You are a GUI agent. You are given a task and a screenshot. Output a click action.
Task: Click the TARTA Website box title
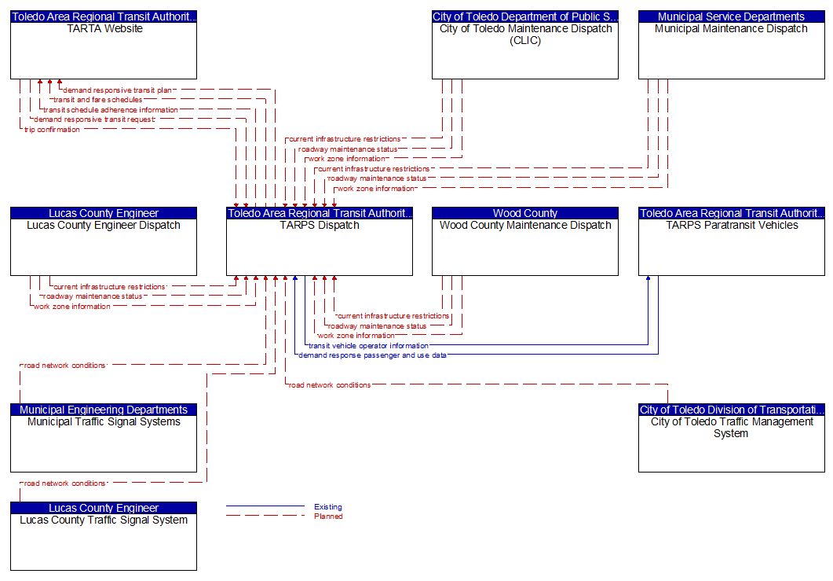point(104,29)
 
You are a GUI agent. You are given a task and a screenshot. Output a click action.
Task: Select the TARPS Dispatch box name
point(320,225)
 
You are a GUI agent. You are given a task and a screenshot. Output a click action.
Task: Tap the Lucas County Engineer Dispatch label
point(104,225)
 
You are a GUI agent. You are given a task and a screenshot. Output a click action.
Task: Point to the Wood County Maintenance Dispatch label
point(525,225)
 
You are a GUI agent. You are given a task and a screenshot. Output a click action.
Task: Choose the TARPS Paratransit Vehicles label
point(732,225)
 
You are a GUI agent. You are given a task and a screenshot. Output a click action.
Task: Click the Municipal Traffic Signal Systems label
point(104,422)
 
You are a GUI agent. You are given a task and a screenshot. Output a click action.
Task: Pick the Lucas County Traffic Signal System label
point(104,520)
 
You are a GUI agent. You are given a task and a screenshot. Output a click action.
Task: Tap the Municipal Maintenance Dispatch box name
point(731,29)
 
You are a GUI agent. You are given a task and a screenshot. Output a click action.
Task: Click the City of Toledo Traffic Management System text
point(732,428)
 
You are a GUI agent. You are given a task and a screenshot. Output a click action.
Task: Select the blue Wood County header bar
point(525,213)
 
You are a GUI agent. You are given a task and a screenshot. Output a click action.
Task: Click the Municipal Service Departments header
point(732,17)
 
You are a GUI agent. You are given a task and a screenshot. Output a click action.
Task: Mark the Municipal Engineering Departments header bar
point(104,410)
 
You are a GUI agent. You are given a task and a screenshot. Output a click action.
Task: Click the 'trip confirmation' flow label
point(52,129)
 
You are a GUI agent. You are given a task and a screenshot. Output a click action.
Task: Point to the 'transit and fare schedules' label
point(98,100)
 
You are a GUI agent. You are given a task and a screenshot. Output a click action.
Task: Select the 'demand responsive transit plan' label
point(118,90)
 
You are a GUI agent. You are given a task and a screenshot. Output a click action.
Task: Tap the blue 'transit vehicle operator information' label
point(368,345)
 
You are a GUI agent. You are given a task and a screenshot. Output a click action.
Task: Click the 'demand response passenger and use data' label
point(372,355)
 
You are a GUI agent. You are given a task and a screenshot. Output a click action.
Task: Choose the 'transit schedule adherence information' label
point(111,109)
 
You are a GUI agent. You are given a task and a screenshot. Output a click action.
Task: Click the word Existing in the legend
point(327,506)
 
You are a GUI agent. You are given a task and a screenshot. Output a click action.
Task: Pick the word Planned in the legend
point(328,516)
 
